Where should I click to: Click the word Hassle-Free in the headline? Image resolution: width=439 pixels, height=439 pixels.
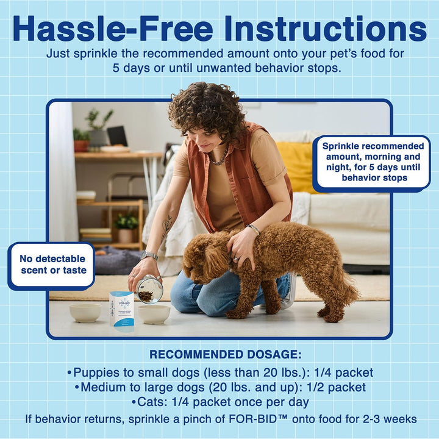[113, 29]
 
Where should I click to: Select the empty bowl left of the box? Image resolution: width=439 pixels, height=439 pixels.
[85, 312]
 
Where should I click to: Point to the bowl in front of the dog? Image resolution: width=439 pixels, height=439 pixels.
[154, 313]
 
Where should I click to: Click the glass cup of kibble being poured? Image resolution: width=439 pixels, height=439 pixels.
[149, 290]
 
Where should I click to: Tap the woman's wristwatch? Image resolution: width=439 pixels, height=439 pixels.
[149, 255]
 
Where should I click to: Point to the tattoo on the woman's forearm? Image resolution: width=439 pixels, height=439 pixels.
[166, 227]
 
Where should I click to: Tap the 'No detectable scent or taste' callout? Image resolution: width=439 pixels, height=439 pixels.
[52, 265]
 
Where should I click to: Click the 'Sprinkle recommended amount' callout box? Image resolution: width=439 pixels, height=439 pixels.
[373, 162]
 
